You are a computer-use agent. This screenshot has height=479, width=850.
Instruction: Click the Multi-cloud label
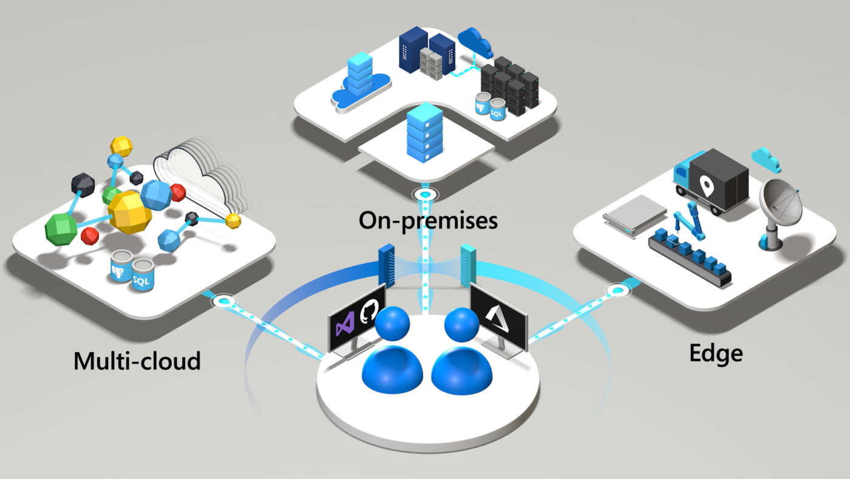(137, 361)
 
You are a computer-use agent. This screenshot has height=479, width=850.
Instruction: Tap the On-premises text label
(427, 220)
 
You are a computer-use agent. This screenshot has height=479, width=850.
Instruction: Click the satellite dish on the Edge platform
(780, 206)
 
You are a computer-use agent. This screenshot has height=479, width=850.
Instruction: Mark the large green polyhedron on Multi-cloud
(62, 229)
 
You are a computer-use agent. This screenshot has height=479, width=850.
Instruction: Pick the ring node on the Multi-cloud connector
(225, 300)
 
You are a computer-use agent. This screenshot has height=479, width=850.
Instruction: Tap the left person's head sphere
(393, 324)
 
